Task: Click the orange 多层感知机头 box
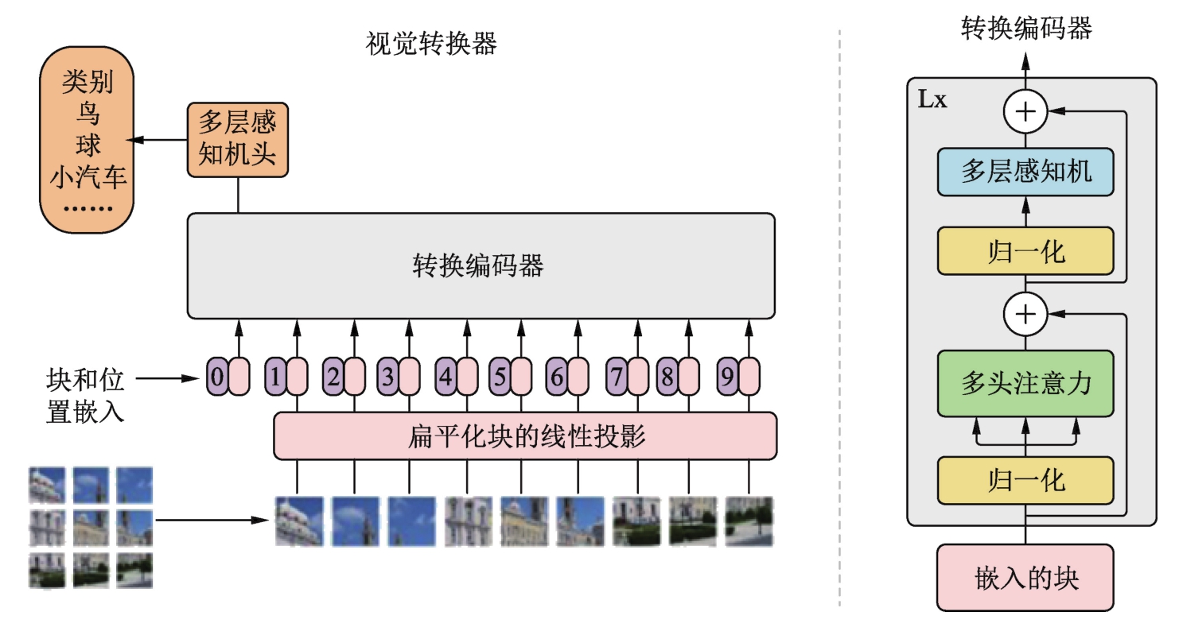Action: (x=237, y=140)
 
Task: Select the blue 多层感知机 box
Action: (x=1025, y=172)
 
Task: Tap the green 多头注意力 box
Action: (x=1025, y=383)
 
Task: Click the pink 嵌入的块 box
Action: (x=1025, y=578)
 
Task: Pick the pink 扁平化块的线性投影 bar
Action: (x=525, y=436)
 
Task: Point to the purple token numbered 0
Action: (x=217, y=377)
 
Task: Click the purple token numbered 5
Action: (x=500, y=377)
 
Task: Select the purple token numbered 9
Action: (x=727, y=377)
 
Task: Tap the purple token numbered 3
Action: (x=388, y=377)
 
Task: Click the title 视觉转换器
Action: (x=431, y=44)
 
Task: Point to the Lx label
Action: (x=932, y=99)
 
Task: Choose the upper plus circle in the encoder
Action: (x=1025, y=111)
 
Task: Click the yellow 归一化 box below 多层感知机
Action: (x=1025, y=251)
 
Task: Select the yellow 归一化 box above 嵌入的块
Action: (x=1025, y=481)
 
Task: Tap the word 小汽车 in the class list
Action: (x=88, y=176)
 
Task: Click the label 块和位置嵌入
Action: (x=85, y=396)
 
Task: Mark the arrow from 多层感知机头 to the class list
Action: (x=158, y=140)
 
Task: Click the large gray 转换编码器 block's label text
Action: (x=478, y=265)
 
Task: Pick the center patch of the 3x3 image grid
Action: (x=91, y=528)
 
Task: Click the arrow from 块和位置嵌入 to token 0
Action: (x=167, y=378)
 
